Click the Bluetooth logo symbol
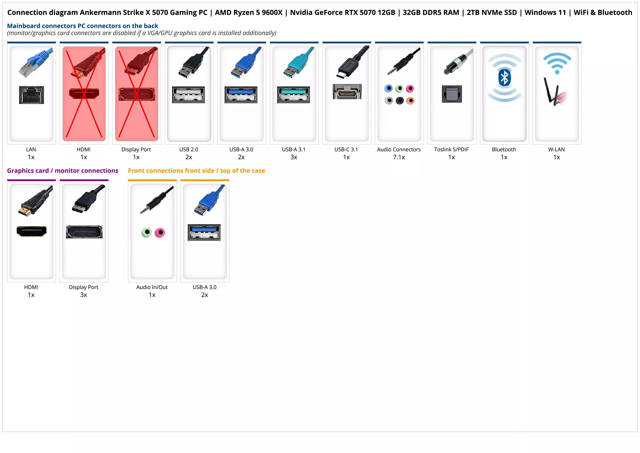tap(504, 78)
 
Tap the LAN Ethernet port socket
tap(32, 95)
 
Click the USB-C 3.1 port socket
tap(347, 92)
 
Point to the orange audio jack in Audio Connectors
tap(410, 101)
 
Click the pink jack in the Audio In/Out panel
tap(160, 232)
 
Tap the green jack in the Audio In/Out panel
tap(147, 232)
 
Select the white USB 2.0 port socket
tap(188, 95)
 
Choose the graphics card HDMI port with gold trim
tap(32, 231)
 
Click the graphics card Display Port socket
tap(84, 232)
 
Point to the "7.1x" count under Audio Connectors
tap(399, 157)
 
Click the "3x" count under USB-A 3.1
tap(294, 157)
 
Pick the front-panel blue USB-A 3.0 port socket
tap(204, 232)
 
